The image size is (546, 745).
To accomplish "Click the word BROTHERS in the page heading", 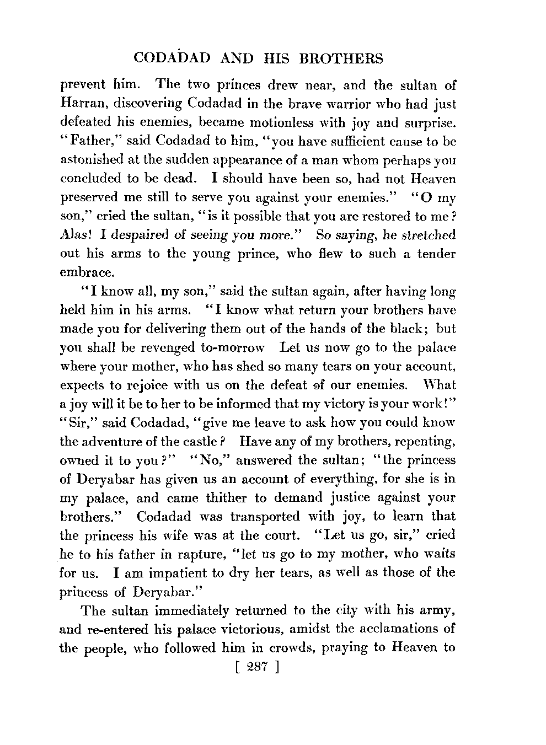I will click(x=338, y=58).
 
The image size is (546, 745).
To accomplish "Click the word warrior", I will click(x=336, y=104).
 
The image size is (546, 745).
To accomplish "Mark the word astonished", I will click(x=90, y=160).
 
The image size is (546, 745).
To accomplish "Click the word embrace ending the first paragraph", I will click(x=86, y=272).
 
